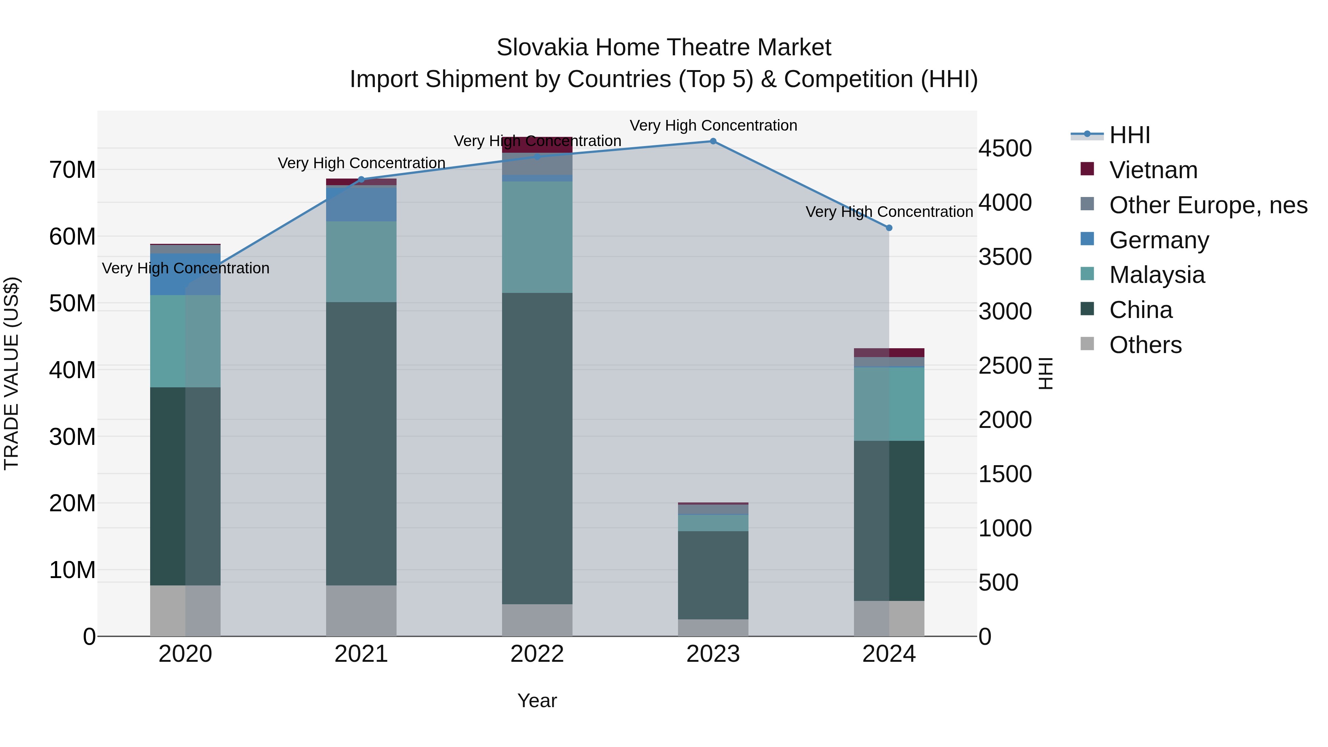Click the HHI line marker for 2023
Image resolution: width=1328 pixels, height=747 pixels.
pos(713,141)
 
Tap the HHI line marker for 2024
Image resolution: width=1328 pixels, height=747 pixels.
pos(889,228)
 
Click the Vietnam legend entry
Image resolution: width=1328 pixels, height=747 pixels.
pos(1153,170)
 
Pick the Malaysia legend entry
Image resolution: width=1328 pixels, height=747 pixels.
pos(1156,275)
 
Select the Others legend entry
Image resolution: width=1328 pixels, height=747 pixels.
pos(1145,345)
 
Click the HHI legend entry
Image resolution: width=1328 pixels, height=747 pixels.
pos(1129,135)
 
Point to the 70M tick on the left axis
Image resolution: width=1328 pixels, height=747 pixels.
pos(72,170)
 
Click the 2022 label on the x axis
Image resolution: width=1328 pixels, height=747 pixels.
pos(537,654)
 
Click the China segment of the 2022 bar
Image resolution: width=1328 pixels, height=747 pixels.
pos(537,449)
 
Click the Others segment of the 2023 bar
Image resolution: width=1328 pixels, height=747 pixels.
pos(713,627)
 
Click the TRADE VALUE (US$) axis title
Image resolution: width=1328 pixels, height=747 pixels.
pos(11,373)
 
